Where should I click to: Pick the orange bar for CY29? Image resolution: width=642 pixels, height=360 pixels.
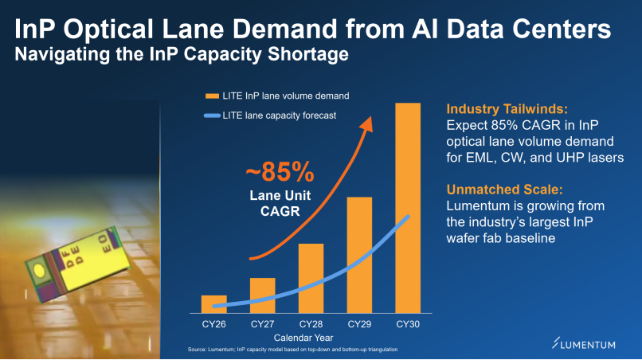(359, 254)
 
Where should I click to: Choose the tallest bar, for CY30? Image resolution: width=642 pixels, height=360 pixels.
(408, 207)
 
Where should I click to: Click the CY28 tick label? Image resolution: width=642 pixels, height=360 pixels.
(311, 324)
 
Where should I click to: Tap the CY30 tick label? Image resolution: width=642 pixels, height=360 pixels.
(408, 324)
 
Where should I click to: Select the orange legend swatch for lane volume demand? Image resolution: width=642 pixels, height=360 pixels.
(212, 96)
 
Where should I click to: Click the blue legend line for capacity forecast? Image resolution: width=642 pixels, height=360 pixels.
(212, 115)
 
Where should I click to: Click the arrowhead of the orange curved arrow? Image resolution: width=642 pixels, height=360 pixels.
(370, 119)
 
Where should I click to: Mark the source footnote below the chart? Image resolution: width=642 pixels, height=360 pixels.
(292, 350)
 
